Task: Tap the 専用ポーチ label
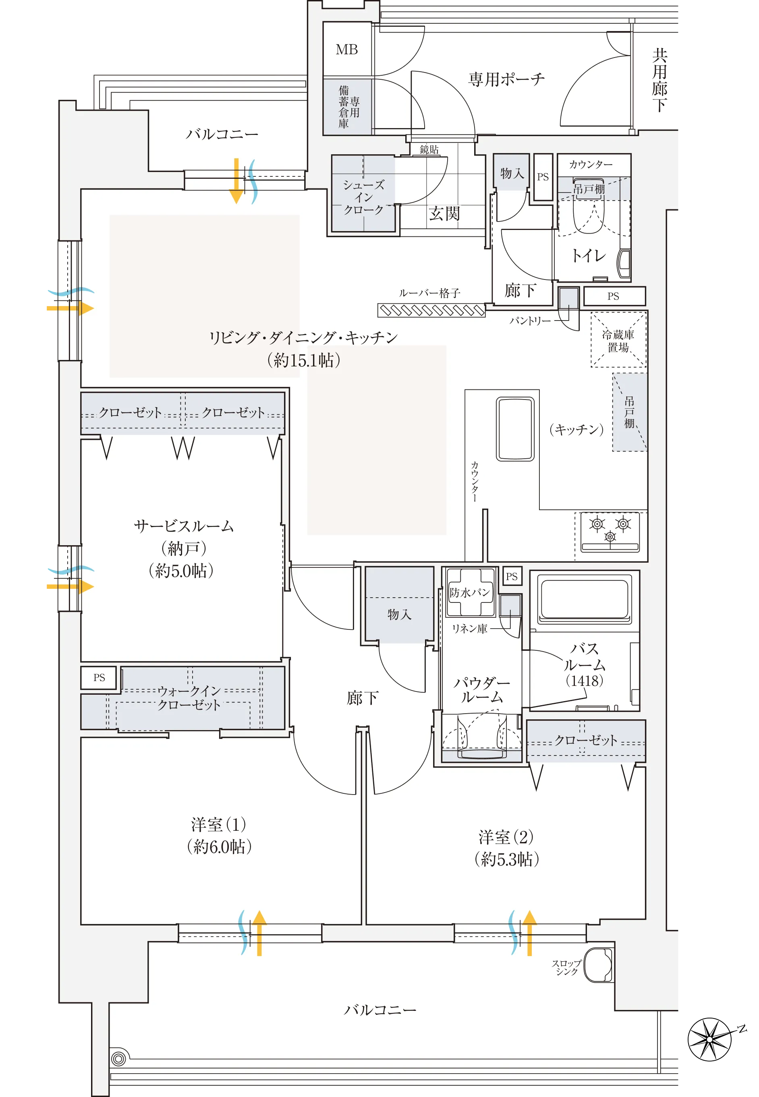(x=506, y=79)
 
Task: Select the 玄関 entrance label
(x=444, y=213)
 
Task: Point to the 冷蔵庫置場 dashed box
(x=618, y=340)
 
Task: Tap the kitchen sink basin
(x=515, y=429)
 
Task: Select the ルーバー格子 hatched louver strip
(x=431, y=310)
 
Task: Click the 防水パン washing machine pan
(x=470, y=592)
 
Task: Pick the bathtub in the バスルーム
(x=583, y=598)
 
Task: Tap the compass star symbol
(x=710, y=1039)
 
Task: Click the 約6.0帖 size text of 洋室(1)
(x=219, y=847)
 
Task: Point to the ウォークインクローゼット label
(x=189, y=697)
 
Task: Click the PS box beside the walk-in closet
(x=99, y=677)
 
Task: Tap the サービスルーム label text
(x=184, y=526)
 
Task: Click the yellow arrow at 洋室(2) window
(x=529, y=933)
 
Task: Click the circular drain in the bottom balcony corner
(x=118, y=1058)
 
